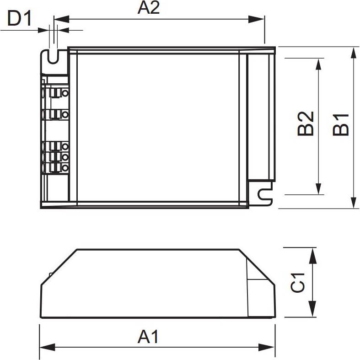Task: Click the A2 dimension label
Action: click(x=149, y=8)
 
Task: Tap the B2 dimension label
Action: click(x=306, y=124)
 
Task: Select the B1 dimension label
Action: click(x=341, y=124)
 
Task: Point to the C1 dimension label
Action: click(x=298, y=283)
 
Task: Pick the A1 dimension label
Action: click(x=148, y=337)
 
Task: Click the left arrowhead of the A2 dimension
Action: click(x=61, y=19)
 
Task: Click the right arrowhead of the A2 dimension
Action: click(x=257, y=19)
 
